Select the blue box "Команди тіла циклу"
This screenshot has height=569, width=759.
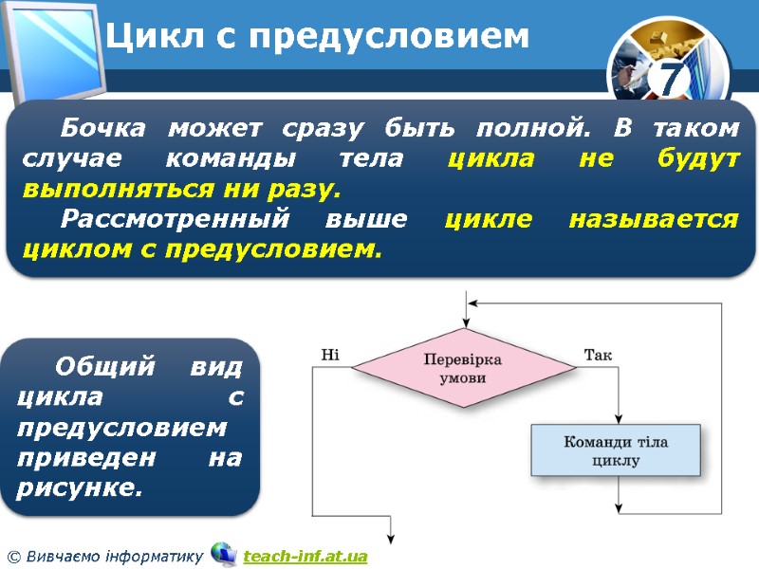[x=616, y=451]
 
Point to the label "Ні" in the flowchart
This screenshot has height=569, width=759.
[x=330, y=356]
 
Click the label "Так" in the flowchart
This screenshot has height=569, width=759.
[x=598, y=356]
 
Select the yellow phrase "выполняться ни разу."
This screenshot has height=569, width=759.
[x=180, y=189]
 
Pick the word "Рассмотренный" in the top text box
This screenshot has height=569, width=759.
[x=168, y=219]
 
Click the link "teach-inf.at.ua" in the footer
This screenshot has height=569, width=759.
[x=305, y=556]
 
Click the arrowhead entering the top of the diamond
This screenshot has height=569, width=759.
[x=464, y=322]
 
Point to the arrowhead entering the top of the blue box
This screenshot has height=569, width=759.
[x=618, y=419]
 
